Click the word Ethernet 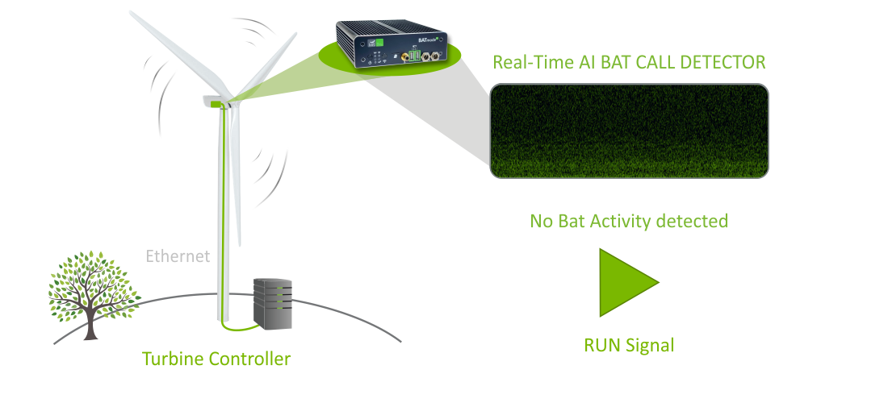click(178, 257)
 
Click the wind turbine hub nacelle click(216, 101)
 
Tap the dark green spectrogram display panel click(629, 131)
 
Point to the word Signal click(649, 346)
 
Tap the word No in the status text click(541, 220)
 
